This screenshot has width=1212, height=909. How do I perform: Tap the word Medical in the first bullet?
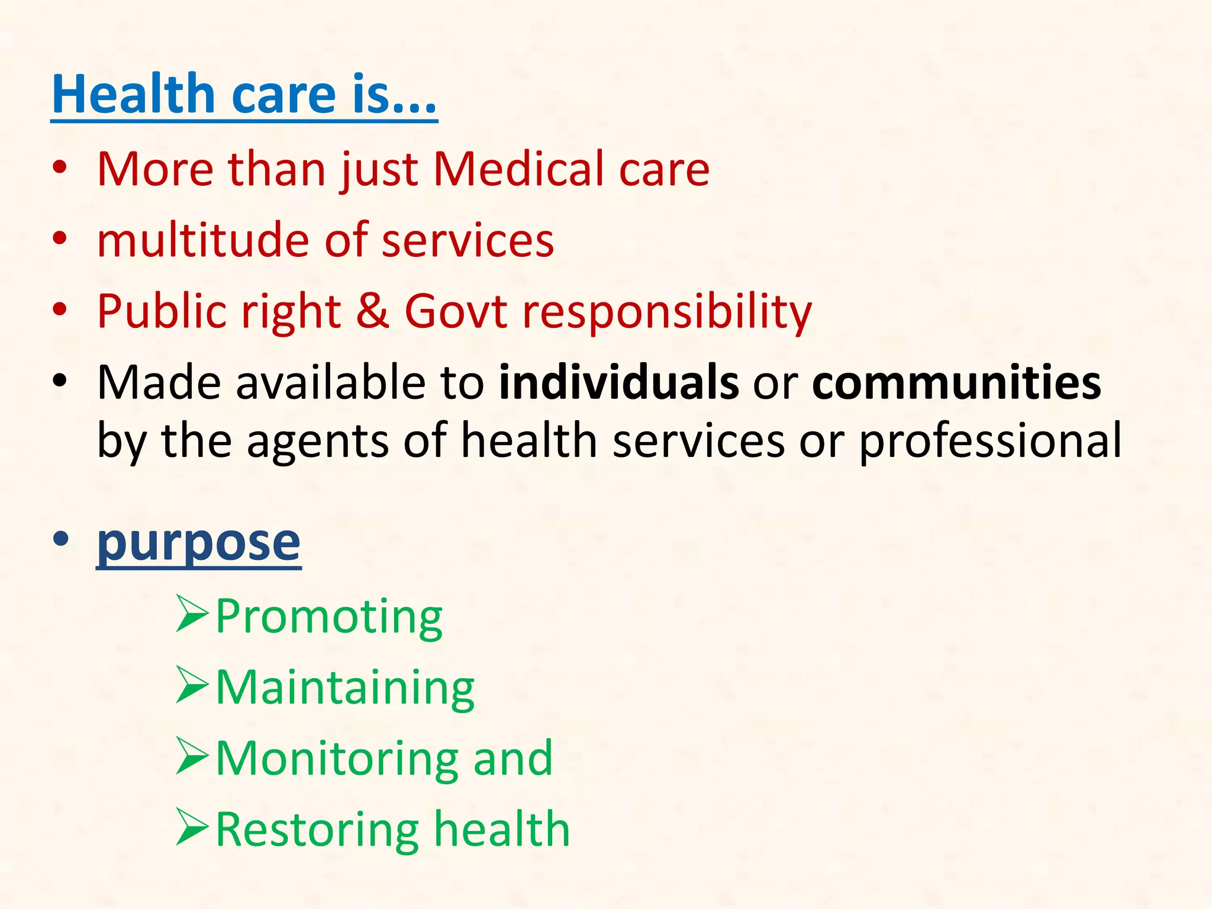(x=518, y=170)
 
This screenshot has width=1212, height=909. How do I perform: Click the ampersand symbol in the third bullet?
(x=372, y=311)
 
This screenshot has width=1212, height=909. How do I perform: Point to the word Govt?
(x=456, y=311)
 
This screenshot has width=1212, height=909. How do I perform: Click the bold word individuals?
(x=618, y=383)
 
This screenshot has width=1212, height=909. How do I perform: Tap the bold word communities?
(x=956, y=383)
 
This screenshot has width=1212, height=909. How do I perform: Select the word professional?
(x=990, y=441)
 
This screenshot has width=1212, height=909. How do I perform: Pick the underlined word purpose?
(x=199, y=543)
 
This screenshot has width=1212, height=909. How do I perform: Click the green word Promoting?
(x=329, y=618)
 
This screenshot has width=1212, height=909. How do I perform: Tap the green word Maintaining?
(x=345, y=689)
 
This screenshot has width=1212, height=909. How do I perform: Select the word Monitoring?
(x=337, y=760)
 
